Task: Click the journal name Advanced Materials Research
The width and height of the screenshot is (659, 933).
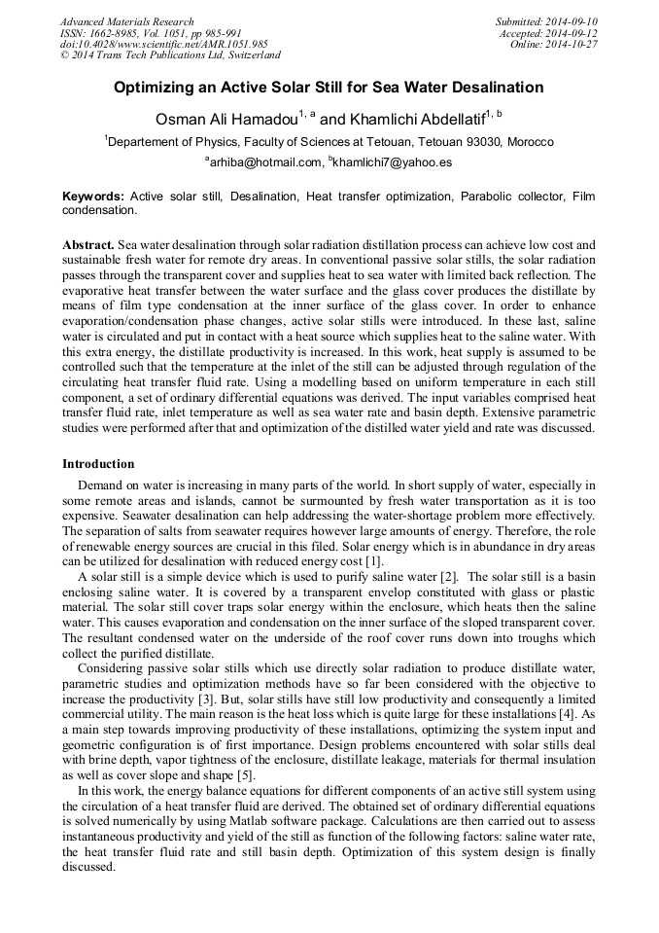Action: (126, 21)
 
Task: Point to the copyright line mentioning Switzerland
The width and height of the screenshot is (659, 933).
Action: (170, 55)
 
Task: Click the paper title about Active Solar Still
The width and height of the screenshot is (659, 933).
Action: (329, 88)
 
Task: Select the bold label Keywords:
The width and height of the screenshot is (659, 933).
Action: (93, 197)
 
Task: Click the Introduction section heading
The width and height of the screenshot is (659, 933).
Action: (98, 464)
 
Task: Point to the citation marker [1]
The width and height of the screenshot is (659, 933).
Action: (374, 561)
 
